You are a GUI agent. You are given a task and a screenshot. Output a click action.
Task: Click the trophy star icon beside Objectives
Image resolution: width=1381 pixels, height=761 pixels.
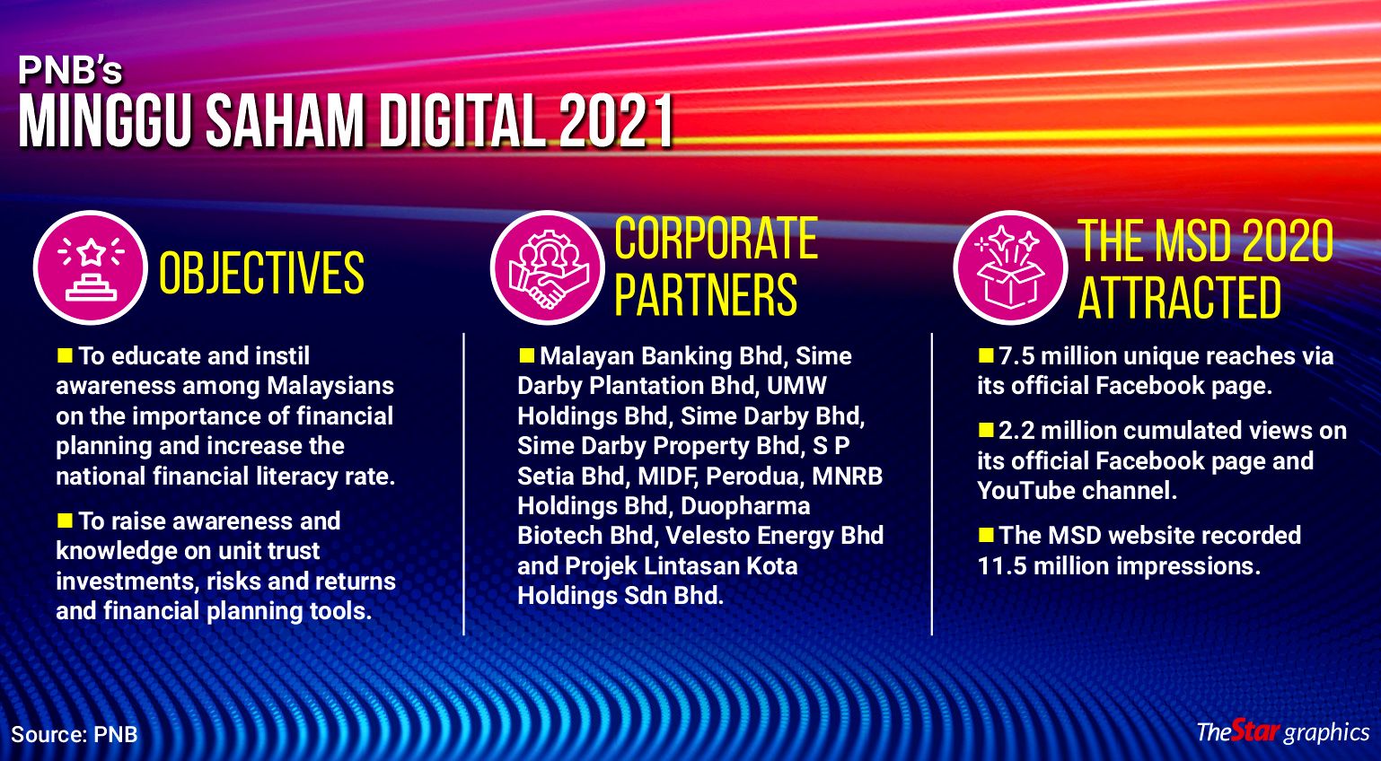91,267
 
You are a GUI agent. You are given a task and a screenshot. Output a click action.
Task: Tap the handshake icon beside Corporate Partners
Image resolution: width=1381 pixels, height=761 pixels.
548,267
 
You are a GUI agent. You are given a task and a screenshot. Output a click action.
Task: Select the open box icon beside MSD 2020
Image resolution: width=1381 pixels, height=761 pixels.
1010,267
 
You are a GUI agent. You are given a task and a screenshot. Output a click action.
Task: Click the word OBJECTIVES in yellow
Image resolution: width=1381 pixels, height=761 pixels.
262,273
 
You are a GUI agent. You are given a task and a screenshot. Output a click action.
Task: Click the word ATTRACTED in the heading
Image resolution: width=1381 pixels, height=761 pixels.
1179,297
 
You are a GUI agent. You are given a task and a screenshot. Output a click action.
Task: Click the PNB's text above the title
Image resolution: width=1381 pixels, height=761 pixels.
70,70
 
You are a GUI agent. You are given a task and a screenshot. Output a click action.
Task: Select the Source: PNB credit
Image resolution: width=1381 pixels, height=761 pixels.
74,734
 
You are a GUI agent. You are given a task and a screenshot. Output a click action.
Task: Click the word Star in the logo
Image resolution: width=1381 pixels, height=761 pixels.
1255,730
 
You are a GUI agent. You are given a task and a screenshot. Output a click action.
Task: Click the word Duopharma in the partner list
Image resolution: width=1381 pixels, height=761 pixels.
745,506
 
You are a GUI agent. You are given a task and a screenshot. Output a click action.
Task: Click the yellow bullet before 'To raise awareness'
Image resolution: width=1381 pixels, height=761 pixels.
65,520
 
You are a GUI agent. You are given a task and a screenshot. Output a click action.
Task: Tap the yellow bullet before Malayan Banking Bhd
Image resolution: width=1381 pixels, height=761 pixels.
526,355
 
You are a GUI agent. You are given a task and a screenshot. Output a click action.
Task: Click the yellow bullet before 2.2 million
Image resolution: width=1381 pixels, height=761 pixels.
986,430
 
